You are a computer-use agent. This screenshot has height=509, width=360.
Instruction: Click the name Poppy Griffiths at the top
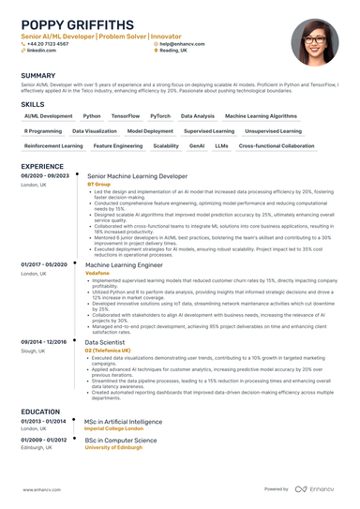tap(77, 22)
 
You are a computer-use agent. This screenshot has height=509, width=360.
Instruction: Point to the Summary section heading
tap(37, 75)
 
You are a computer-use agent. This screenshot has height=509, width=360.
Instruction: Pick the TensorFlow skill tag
tap(125, 116)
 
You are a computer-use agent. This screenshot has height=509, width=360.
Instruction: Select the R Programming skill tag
tap(42, 131)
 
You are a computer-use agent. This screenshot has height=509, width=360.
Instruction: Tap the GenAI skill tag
tap(197, 146)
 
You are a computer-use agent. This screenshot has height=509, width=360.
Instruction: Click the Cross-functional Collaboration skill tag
tap(277, 146)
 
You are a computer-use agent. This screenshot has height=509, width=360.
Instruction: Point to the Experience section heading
tap(42, 166)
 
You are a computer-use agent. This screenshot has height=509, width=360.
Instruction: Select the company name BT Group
tap(98, 185)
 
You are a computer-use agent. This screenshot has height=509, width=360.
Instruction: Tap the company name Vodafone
tap(99, 273)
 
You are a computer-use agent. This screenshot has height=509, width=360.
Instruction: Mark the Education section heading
tap(41, 411)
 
